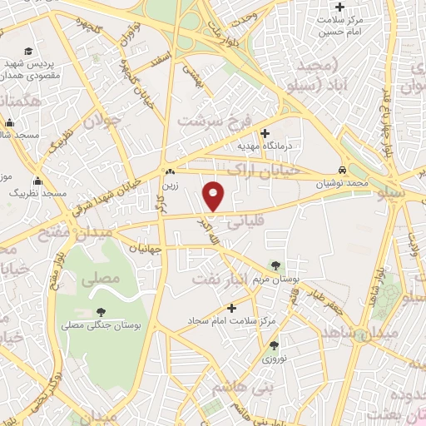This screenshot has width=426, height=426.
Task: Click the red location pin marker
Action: (214, 195)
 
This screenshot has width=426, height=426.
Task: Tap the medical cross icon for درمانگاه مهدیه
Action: (265, 132)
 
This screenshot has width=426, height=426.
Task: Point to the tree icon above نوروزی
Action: (274, 344)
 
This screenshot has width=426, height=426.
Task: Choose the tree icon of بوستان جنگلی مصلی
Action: (102, 311)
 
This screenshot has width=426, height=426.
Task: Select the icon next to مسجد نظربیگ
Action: (37, 181)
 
